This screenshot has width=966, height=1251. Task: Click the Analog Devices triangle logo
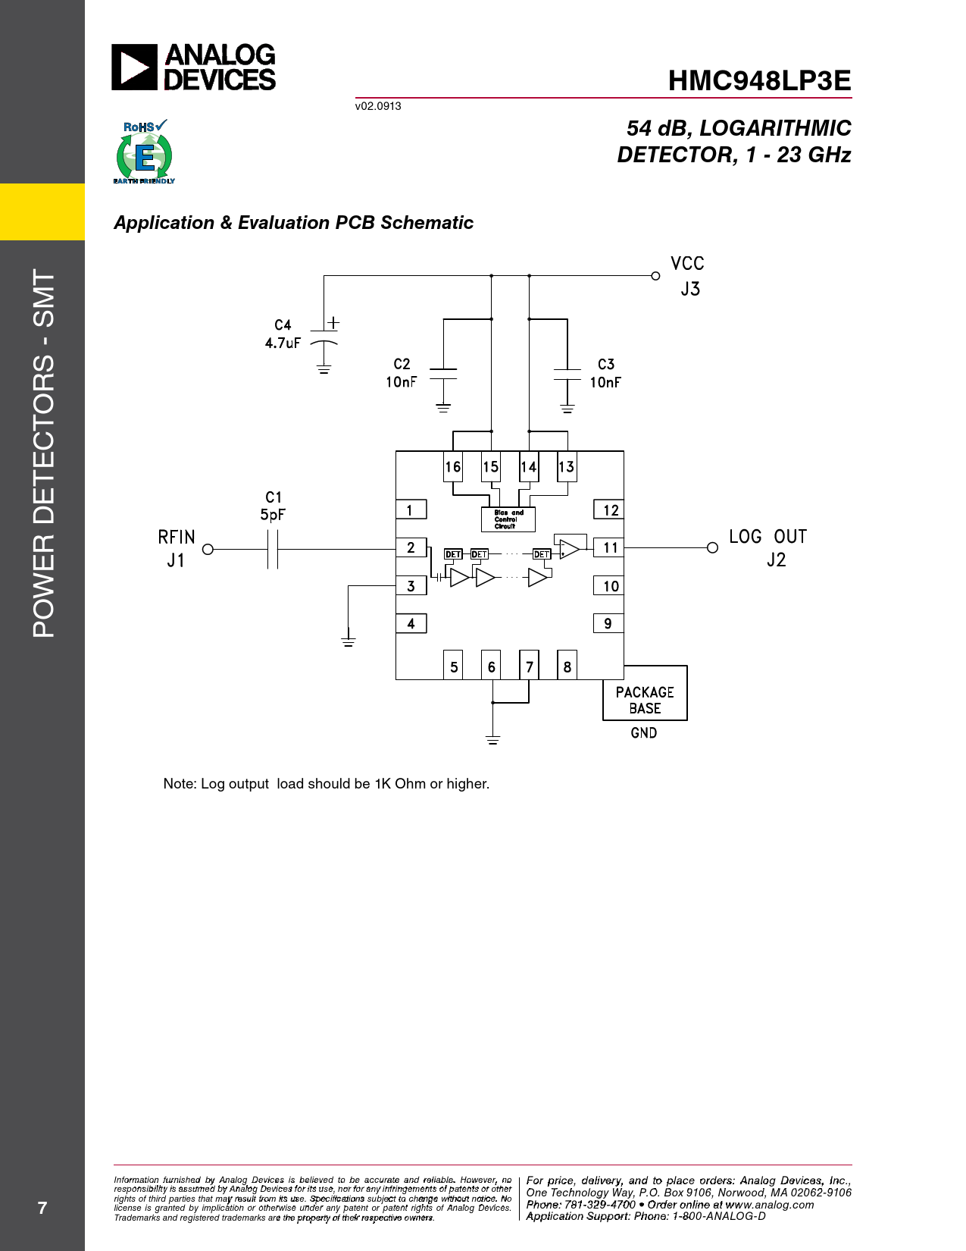(134, 67)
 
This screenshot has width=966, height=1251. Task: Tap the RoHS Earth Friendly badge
(144, 152)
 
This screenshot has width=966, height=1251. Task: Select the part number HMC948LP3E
(759, 80)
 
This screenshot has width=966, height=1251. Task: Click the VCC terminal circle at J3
(655, 276)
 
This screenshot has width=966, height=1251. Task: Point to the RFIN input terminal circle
(208, 549)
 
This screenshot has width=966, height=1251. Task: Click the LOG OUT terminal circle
(712, 547)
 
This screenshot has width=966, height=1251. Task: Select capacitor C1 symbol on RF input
(273, 549)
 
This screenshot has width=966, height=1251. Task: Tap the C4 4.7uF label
(283, 334)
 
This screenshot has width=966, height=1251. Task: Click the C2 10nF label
(401, 373)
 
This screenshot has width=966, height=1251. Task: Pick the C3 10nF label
(605, 373)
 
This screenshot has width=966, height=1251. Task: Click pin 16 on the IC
(453, 466)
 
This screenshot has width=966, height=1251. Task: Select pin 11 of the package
(608, 547)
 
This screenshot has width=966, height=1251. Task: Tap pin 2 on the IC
(411, 547)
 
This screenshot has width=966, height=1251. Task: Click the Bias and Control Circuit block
(508, 519)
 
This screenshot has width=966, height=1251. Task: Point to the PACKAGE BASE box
(645, 692)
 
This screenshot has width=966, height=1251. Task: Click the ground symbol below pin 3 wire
(348, 640)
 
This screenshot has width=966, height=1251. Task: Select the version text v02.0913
(378, 106)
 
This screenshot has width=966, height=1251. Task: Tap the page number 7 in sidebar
(42, 1208)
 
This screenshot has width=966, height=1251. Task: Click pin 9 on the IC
(608, 623)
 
